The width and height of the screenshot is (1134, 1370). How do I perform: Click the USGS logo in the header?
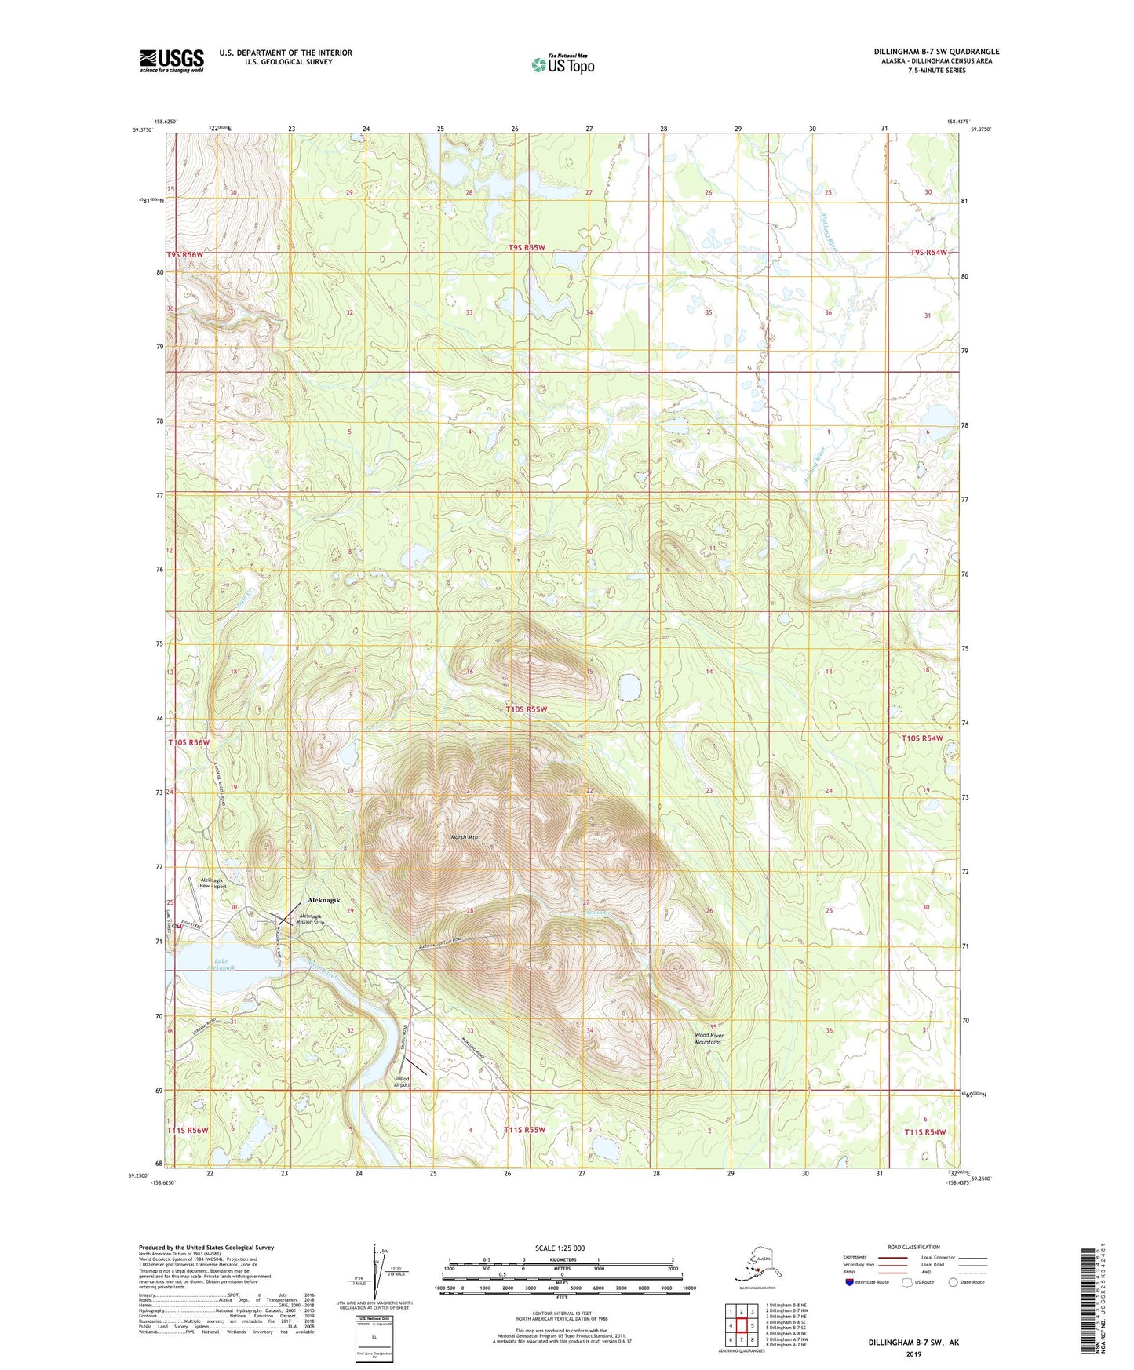click(x=171, y=60)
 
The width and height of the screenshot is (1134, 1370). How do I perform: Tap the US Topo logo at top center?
click(x=562, y=64)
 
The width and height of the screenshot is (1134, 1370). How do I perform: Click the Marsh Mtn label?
click(x=465, y=837)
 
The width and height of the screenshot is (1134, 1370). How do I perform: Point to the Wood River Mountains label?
click(x=709, y=1038)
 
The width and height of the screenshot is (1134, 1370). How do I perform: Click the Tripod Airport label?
click(x=402, y=1081)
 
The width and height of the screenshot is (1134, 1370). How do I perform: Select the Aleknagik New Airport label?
click(x=213, y=883)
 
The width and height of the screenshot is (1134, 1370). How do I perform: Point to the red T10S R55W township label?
click(x=525, y=709)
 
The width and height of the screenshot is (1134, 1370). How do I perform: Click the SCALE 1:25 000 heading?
click(x=560, y=1248)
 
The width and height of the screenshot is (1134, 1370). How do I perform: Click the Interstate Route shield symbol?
click(x=850, y=1283)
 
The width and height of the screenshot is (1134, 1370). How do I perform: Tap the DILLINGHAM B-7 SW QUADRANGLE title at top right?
click(x=936, y=52)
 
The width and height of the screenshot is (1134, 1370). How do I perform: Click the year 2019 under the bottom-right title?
click(x=913, y=1354)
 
